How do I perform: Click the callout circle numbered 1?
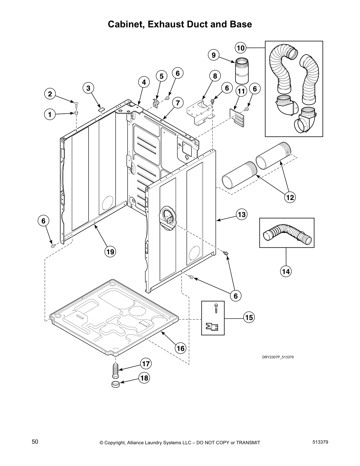[x=50, y=114]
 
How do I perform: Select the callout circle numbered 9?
[x=214, y=55]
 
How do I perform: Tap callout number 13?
[x=241, y=214]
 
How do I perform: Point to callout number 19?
[x=110, y=252]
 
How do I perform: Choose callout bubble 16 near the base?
[x=181, y=348]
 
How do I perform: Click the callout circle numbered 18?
[x=144, y=378]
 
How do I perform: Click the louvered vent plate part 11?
[x=237, y=117]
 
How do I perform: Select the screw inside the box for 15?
[x=216, y=309]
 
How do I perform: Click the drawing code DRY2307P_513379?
[x=278, y=357]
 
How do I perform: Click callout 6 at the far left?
[x=43, y=221]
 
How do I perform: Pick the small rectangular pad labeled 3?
[x=101, y=109]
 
